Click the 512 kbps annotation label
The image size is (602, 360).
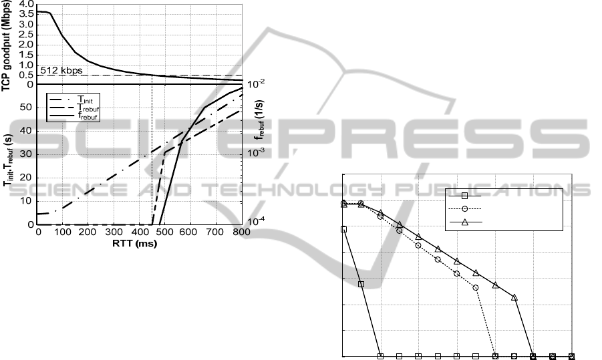[61, 70]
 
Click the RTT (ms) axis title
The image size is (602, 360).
[135, 243]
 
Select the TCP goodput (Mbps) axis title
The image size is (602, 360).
[6, 45]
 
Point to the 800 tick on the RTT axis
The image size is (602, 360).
[242, 232]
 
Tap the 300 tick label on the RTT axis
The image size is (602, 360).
[114, 232]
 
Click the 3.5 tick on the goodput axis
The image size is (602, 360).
[25, 15]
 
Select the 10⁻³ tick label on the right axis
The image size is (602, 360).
[256, 152]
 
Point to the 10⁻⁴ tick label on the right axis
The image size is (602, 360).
[256, 221]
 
